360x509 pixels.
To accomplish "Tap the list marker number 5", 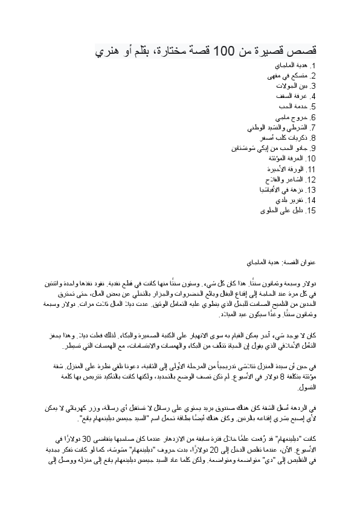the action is click(x=312, y=107).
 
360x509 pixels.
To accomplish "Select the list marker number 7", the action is click(x=312, y=128).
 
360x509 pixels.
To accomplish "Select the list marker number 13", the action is click(x=311, y=190).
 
